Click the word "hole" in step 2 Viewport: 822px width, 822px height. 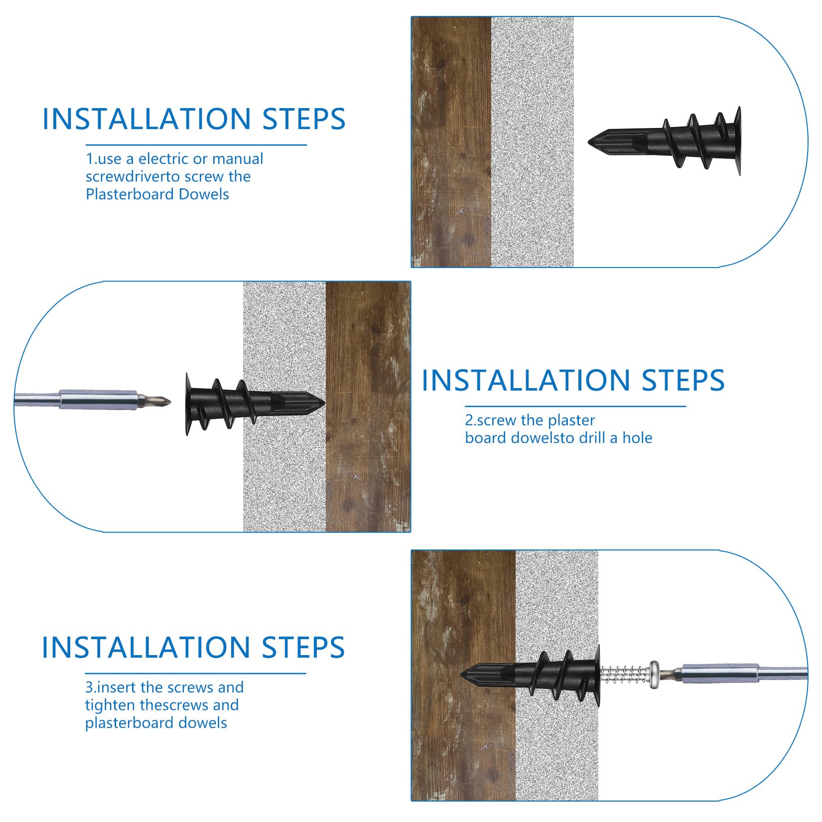pyautogui.click(x=637, y=438)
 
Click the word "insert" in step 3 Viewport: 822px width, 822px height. pyautogui.click(x=117, y=687)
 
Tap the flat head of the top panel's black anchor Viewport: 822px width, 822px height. pyautogui.click(x=737, y=141)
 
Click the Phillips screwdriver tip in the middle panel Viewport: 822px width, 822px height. pyautogui.click(x=157, y=400)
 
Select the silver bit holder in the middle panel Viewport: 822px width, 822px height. pyautogui.click(x=98, y=400)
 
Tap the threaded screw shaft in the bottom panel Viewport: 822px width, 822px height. pyautogui.click(x=624, y=676)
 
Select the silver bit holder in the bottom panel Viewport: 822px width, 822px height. pyautogui.click(x=720, y=674)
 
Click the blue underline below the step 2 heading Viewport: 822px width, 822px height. pyautogui.click(x=575, y=407)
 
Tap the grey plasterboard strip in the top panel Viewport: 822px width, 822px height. pyautogui.click(x=533, y=142)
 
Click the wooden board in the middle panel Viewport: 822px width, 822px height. pyautogui.click(x=368, y=407)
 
